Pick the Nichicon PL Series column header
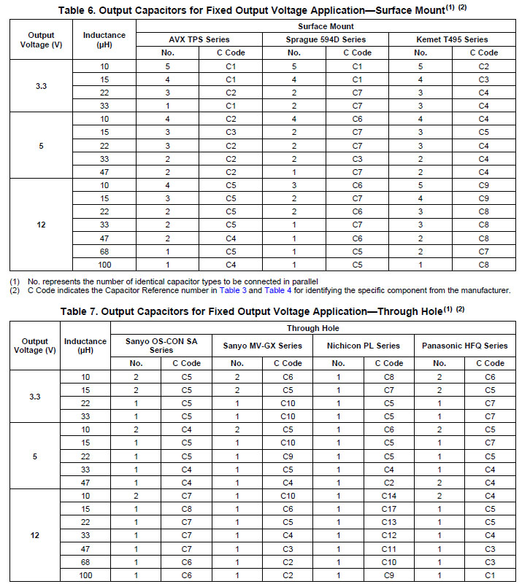(x=364, y=345)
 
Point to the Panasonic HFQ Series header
(x=464, y=345)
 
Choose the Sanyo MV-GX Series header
(x=262, y=345)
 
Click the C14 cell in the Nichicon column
(x=388, y=496)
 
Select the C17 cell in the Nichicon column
(x=388, y=508)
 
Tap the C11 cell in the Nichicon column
(x=388, y=548)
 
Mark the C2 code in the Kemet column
(x=483, y=66)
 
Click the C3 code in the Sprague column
(x=357, y=158)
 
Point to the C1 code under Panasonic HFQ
(x=489, y=575)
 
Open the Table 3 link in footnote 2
(x=234, y=290)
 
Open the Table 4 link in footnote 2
(x=278, y=290)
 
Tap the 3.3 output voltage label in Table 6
(x=41, y=85)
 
